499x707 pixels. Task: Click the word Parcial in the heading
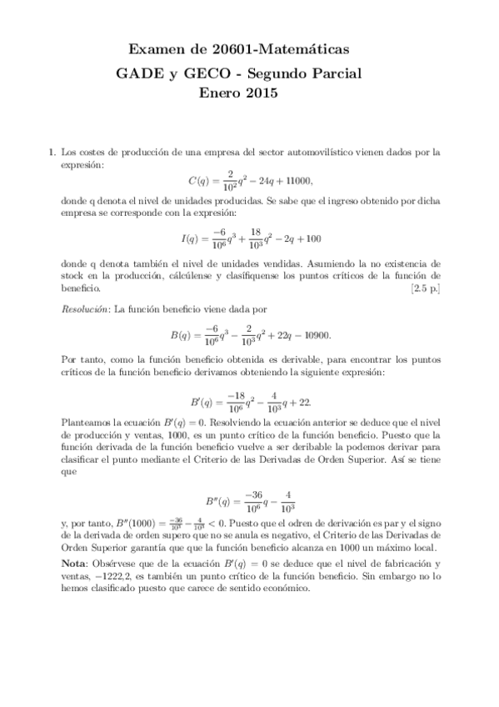pyautogui.click(x=333, y=73)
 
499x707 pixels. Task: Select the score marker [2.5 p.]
pyautogui.click(x=420, y=288)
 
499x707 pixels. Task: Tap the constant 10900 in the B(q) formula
pyautogui.click(x=313, y=336)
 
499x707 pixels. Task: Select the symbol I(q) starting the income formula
pyautogui.click(x=192, y=238)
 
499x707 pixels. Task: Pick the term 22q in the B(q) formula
pyautogui.click(x=271, y=336)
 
